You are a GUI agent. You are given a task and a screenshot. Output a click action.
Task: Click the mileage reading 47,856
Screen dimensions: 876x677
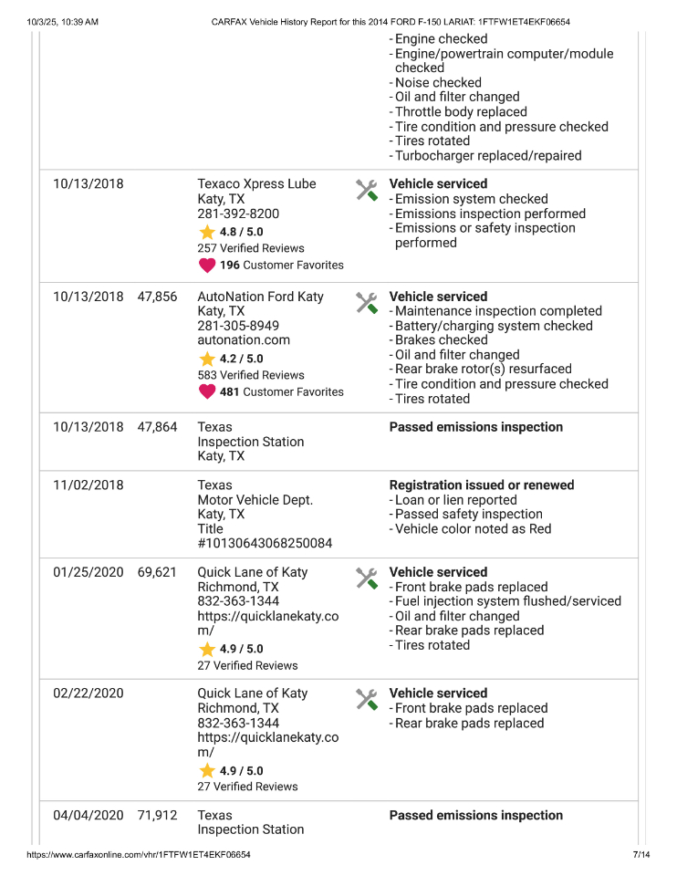pyautogui.click(x=157, y=297)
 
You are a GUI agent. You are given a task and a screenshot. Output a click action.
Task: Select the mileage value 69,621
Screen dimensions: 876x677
pyautogui.click(x=157, y=572)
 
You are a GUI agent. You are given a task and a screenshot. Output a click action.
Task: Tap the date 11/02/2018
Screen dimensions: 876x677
pyautogui.click(x=88, y=485)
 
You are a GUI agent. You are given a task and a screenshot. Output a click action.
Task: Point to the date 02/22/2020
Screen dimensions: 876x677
pyautogui.click(x=88, y=693)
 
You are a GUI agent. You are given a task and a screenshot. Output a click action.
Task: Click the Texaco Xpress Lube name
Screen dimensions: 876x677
pyautogui.click(x=256, y=184)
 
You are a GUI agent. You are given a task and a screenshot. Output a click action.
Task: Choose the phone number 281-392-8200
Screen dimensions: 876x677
pyautogui.click(x=238, y=214)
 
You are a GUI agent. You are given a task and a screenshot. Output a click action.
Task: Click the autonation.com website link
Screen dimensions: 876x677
pyautogui.click(x=244, y=340)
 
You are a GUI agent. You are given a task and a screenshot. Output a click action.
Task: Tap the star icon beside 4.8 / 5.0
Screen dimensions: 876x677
pyautogui.click(x=207, y=232)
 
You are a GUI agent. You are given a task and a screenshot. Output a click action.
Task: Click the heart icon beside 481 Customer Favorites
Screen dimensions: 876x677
pyautogui.click(x=207, y=392)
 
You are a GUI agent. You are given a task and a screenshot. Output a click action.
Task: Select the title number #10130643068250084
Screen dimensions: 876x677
pyautogui.click(x=265, y=544)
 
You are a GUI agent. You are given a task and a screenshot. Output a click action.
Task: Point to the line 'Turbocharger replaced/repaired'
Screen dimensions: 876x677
pyautogui.click(x=488, y=156)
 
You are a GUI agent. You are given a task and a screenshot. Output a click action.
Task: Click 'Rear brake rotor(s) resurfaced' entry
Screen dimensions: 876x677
pyautogui.click(x=484, y=370)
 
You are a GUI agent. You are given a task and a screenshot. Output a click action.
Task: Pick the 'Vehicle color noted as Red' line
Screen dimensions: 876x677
pyautogui.click(x=473, y=529)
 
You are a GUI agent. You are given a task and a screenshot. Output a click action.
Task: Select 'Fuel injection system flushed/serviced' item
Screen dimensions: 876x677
pyautogui.click(x=508, y=601)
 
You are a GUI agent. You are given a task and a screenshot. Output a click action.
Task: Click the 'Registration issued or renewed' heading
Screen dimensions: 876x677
pyautogui.click(x=482, y=485)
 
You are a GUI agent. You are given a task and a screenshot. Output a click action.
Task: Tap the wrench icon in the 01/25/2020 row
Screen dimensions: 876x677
pyautogui.click(x=366, y=578)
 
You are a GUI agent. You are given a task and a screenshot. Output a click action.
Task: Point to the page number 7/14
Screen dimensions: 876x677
pyautogui.click(x=641, y=855)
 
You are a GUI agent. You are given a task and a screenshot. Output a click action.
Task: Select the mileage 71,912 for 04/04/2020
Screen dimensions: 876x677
pyautogui.click(x=157, y=816)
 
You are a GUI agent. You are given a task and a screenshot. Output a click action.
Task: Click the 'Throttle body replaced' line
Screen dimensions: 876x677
pyautogui.click(x=461, y=112)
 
